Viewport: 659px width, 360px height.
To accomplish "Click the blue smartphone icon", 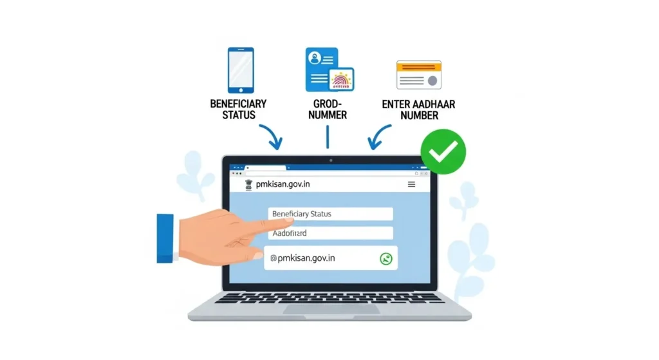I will click(x=240, y=70).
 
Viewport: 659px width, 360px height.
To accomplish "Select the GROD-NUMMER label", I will click(x=329, y=109).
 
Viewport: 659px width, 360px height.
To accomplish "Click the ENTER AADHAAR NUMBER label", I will click(x=419, y=109).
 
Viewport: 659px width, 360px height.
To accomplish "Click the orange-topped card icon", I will click(x=418, y=75).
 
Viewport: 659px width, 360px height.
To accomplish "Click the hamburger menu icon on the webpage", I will click(x=411, y=184).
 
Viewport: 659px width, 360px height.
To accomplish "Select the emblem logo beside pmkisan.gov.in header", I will click(x=249, y=184).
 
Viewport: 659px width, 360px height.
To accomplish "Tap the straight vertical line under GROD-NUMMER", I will click(x=328, y=137).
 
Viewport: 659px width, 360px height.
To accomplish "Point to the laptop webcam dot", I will click(x=330, y=160).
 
